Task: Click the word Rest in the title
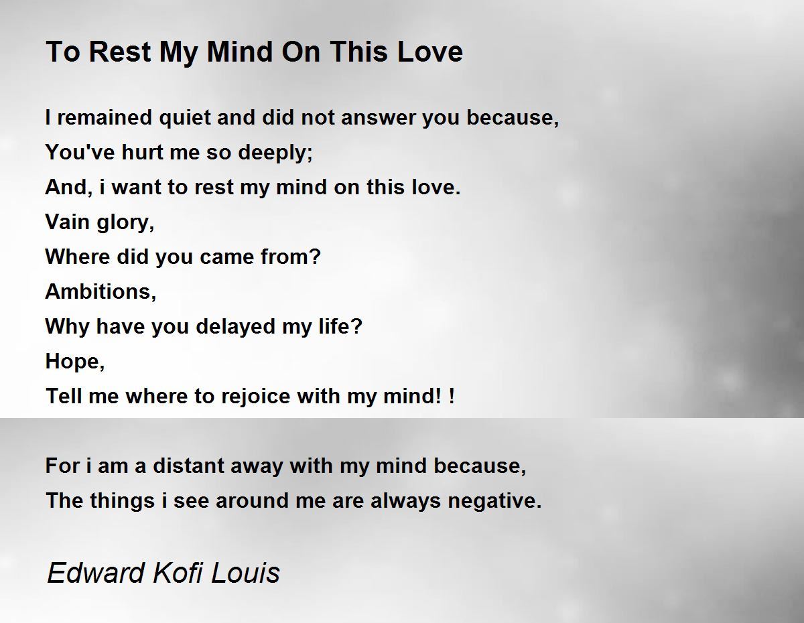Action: (x=120, y=52)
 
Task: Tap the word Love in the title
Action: (x=429, y=52)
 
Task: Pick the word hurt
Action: (x=142, y=152)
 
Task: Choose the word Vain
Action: (x=67, y=222)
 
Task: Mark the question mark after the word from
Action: (x=315, y=257)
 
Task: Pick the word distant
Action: (x=188, y=466)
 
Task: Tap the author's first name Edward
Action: (x=95, y=573)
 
